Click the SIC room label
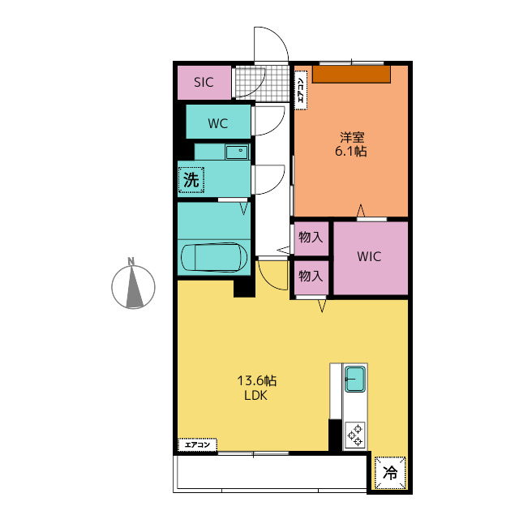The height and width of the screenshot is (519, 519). pyautogui.click(x=204, y=83)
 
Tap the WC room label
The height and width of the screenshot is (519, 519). pyautogui.click(x=218, y=123)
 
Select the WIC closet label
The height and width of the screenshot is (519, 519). pyautogui.click(x=369, y=256)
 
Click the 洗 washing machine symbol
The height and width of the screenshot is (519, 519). pyautogui.click(x=191, y=180)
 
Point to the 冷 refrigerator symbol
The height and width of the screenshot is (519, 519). pyautogui.click(x=390, y=473)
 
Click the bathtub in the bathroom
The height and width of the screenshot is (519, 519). pyautogui.click(x=214, y=258)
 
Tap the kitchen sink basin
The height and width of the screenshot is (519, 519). pyautogui.click(x=355, y=379)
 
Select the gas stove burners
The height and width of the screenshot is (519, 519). pyautogui.click(x=355, y=435)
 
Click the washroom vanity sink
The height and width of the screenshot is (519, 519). pyautogui.click(x=237, y=152)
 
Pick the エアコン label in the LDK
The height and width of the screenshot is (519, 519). pyautogui.click(x=198, y=444)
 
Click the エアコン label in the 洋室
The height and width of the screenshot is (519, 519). pyautogui.click(x=301, y=90)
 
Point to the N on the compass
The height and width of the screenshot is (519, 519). pyautogui.click(x=131, y=261)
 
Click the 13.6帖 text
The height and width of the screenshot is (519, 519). pyautogui.click(x=257, y=381)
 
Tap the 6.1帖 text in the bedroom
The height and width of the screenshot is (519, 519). pyautogui.click(x=351, y=152)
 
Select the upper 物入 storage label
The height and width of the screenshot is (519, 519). pyautogui.click(x=311, y=238)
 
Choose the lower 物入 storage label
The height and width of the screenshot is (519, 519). pyautogui.click(x=311, y=276)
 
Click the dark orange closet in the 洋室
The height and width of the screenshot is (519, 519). pyautogui.click(x=351, y=74)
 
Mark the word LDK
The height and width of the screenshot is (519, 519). pyautogui.click(x=256, y=396)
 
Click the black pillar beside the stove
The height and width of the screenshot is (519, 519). pyautogui.click(x=335, y=435)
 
